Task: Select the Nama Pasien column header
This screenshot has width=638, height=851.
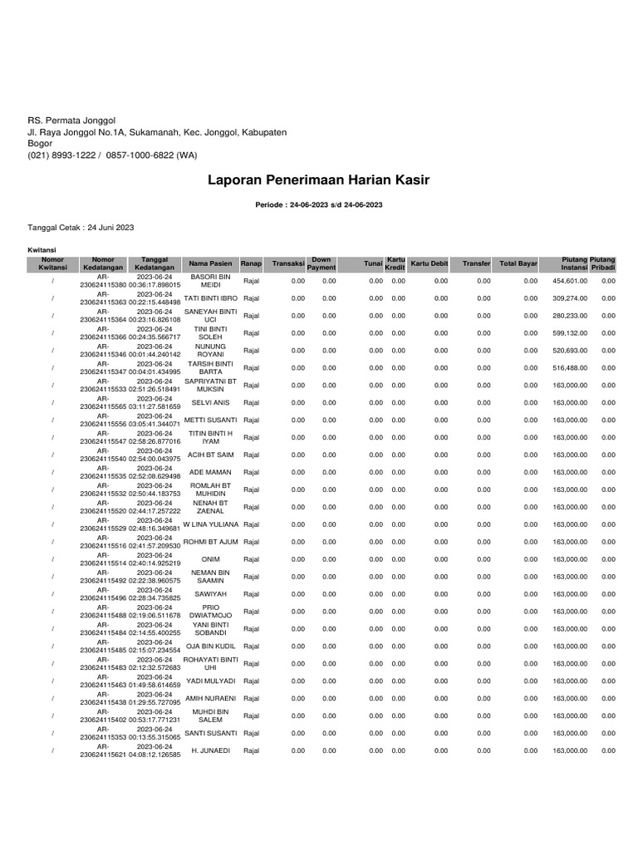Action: pyautogui.click(x=210, y=263)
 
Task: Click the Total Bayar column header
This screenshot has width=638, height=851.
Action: pyautogui.click(x=518, y=263)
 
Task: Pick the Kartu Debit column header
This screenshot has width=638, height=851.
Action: pyautogui.click(x=429, y=263)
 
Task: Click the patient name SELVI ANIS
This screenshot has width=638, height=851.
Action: pyautogui.click(x=210, y=402)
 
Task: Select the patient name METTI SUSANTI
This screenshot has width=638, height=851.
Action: pyautogui.click(x=210, y=420)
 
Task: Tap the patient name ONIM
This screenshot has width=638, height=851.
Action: pyautogui.click(x=210, y=559)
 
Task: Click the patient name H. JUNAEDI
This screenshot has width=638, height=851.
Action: pyautogui.click(x=210, y=750)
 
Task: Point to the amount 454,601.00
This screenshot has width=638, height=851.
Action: pyautogui.click(x=570, y=281)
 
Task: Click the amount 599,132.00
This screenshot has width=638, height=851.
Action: pyautogui.click(x=570, y=333)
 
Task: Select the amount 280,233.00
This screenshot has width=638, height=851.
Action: pyautogui.click(x=570, y=316)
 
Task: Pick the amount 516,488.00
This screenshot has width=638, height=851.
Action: pyautogui.click(x=570, y=368)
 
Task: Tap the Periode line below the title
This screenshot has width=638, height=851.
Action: pyautogui.click(x=319, y=204)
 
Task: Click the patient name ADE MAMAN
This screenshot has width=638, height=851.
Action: pyautogui.click(x=210, y=472)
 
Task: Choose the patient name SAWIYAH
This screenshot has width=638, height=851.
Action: pyautogui.click(x=210, y=594)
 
